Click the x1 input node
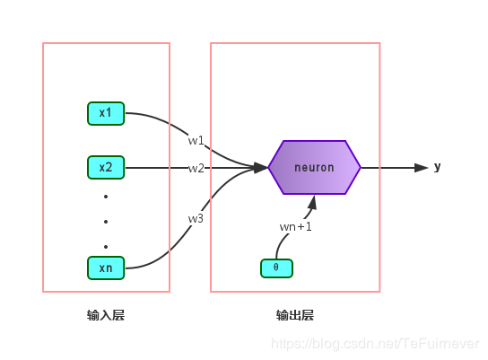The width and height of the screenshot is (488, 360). [x=106, y=113]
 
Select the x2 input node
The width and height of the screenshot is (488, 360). [x=106, y=167]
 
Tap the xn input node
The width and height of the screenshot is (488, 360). [x=106, y=268]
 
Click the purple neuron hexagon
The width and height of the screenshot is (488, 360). [x=314, y=167]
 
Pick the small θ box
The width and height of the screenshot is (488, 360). [x=276, y=268]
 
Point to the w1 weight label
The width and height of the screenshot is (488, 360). [x=196, y=141]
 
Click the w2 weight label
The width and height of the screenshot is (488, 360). [x=196, y=168]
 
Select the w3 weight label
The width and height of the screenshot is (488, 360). [x=196, y=218]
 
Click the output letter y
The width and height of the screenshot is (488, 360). [x=438, y=167]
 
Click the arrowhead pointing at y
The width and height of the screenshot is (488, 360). [x=421, y=167]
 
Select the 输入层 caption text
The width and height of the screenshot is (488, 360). [x=106, y=315]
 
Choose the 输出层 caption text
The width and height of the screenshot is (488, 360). [x=294, y=315]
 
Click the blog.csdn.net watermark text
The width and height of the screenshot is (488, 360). [x=376, y=344]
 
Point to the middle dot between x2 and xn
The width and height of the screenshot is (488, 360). [x=106, y=221]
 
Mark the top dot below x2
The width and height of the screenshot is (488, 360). [x=106, y=196]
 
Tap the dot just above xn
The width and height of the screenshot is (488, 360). [x=106, y=245]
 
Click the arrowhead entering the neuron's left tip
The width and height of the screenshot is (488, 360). [x=261, y=167]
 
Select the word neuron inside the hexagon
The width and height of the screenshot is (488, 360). [x=314, y=167]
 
